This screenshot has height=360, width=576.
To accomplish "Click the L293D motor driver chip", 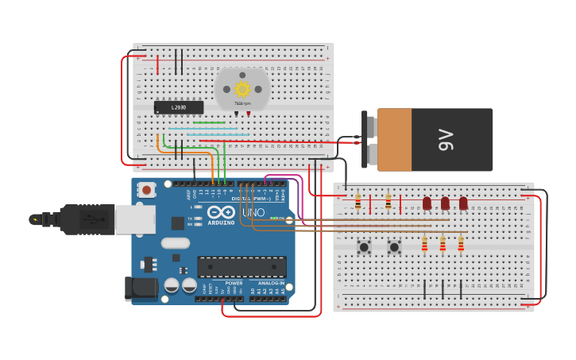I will (x=178, y=107).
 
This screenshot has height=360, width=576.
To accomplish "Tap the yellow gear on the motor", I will (x=242, y=89).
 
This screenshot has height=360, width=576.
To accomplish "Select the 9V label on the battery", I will (x=445, y=140).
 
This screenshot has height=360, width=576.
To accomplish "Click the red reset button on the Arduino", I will (x=146, y=190).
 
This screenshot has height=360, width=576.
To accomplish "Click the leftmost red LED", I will (x=427, y=203).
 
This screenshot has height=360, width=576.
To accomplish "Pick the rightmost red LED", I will (x=463, y=203).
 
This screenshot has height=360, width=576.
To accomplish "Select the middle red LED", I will (x=445, y=203).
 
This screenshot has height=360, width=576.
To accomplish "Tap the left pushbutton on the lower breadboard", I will (x=364, y=247).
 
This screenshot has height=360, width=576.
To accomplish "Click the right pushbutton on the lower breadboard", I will (x=394, y=247).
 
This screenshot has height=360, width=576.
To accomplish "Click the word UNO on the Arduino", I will (x=253, y=213).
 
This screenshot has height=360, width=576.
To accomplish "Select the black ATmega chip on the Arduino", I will (x=242, y=268).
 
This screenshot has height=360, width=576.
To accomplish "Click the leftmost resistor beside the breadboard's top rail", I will (x=358, y=203).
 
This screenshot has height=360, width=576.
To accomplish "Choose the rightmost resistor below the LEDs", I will (x=461, y=243).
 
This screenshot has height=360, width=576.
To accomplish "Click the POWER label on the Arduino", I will (x=234, y=283).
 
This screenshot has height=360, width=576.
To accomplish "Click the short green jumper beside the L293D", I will (x=208, y=123).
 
